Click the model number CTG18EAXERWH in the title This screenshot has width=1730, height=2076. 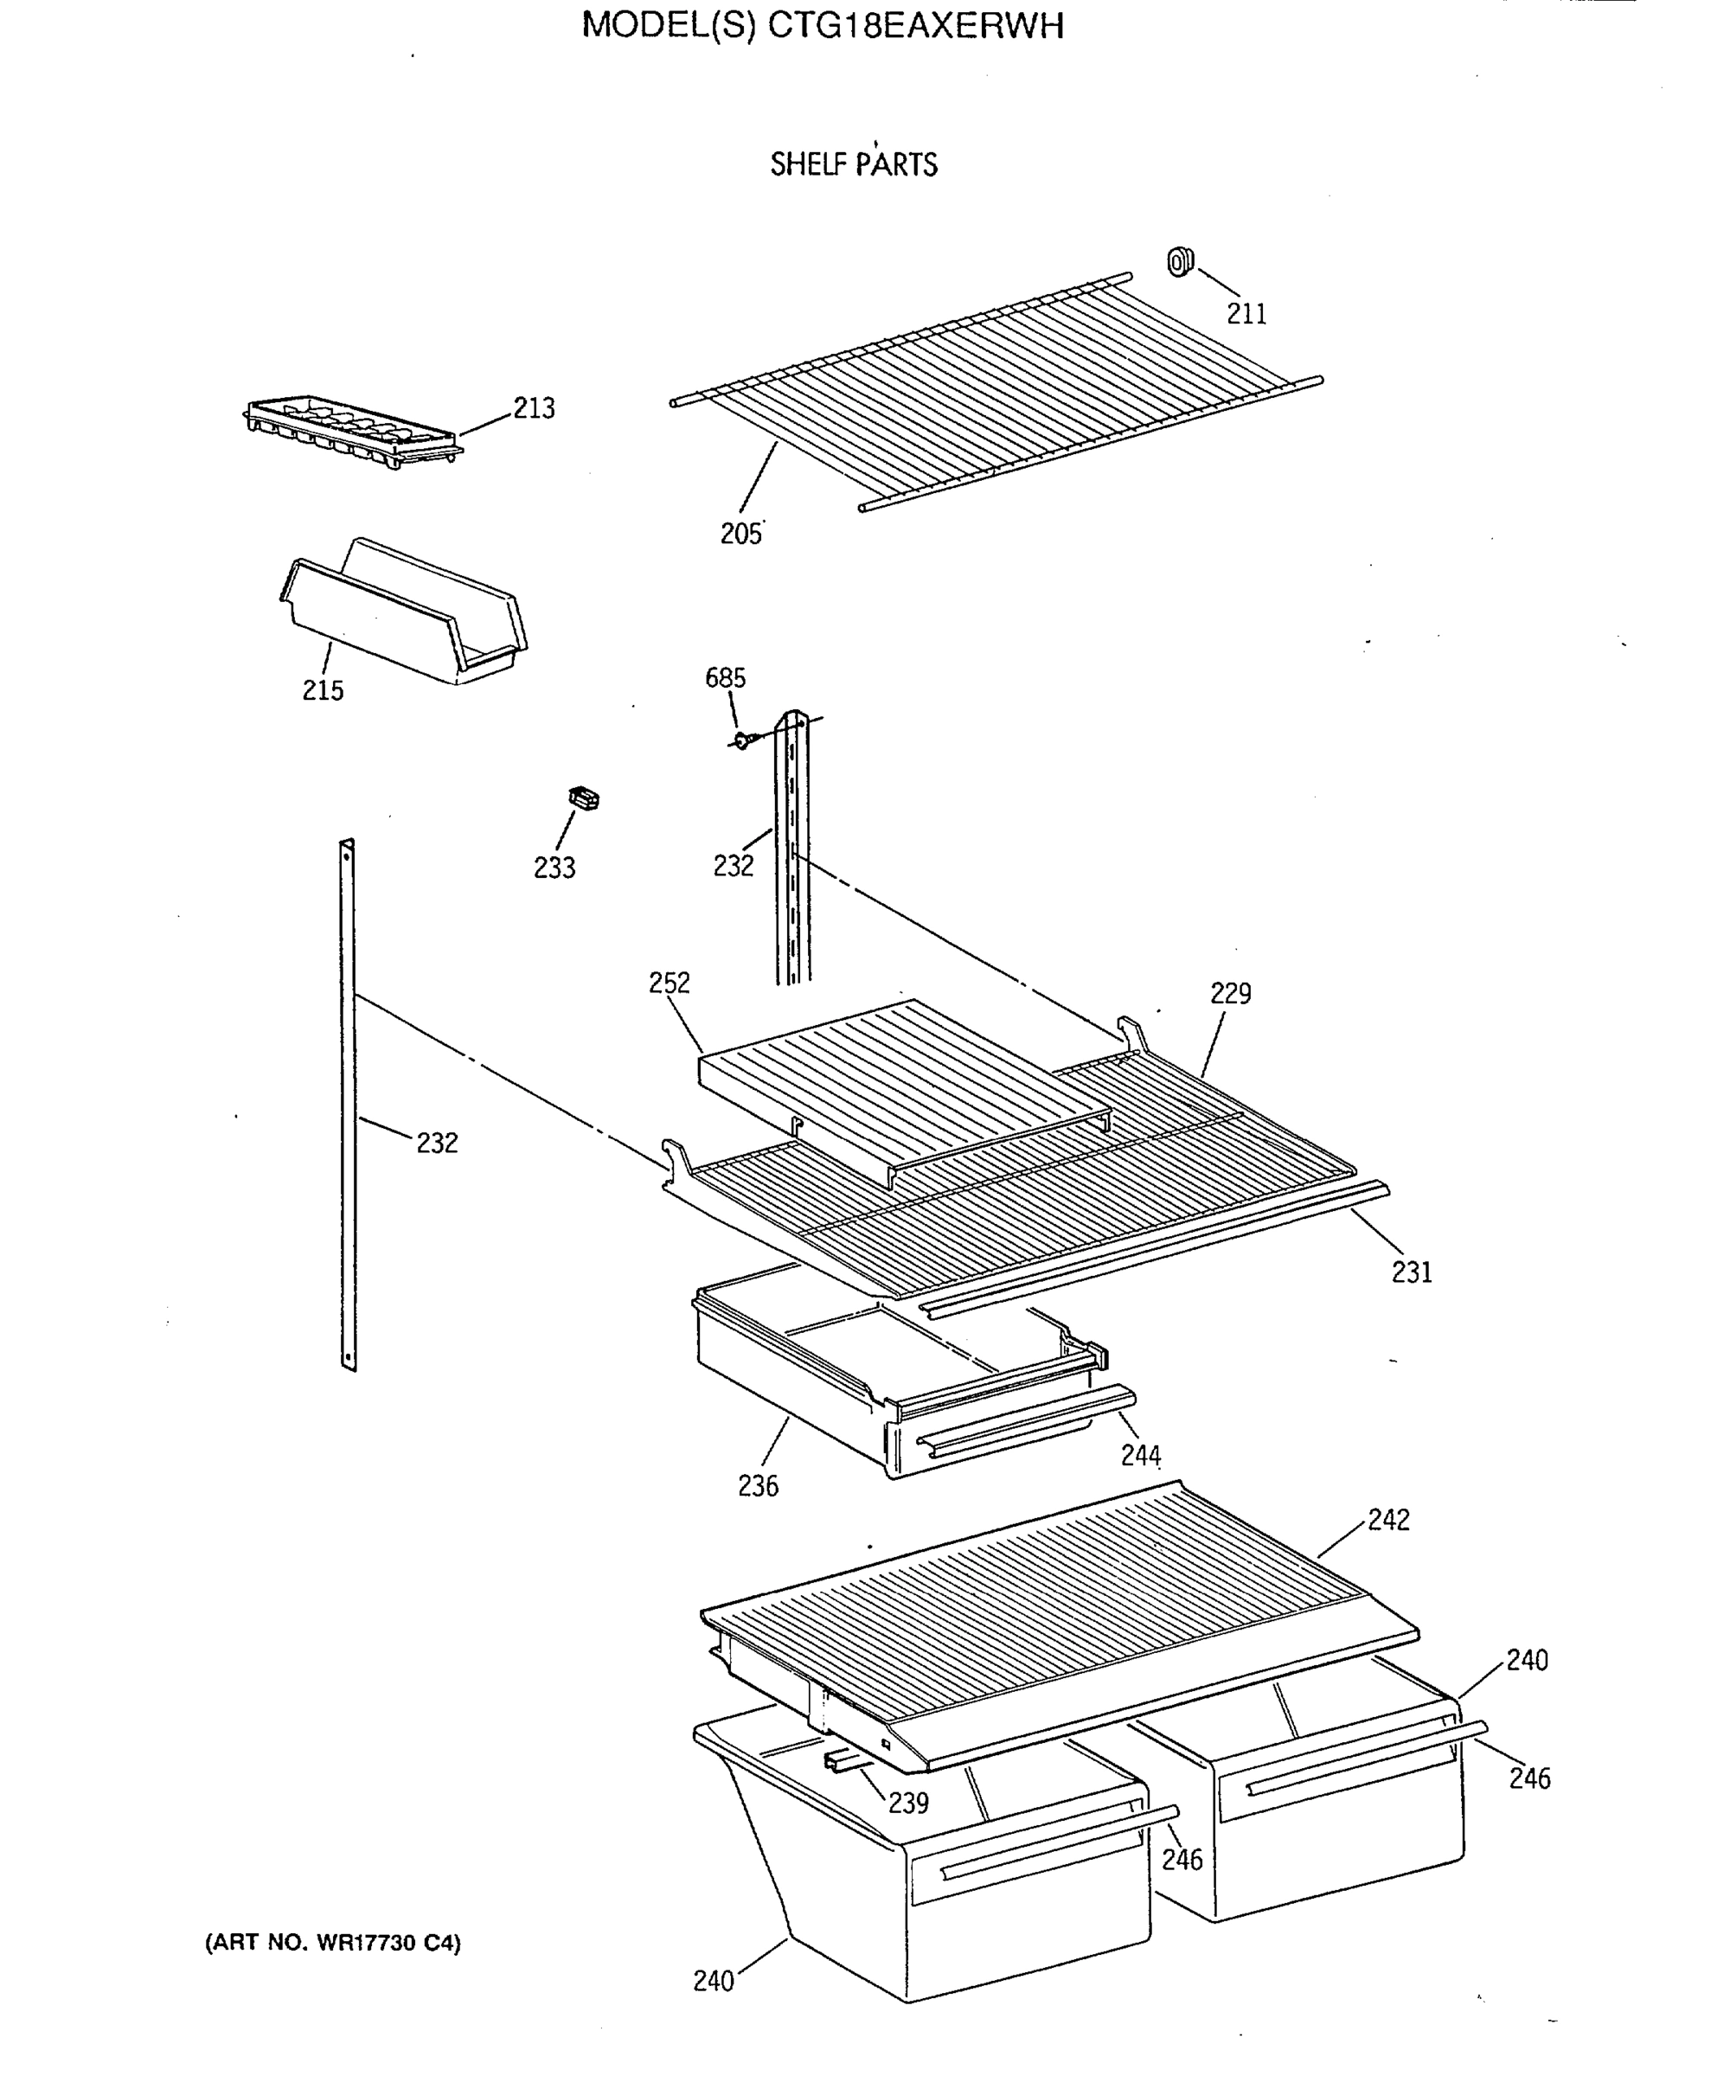pyautogui.click(x=915, y=26)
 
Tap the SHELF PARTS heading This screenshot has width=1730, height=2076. pyautogui.click(x=853, y=164)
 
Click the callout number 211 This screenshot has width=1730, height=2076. pyautogui.click(x=1246, y=313)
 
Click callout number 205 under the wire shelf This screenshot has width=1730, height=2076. pyautogui.click(x=740, y=534)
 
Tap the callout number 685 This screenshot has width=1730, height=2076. pyautogui.click(x=725, y=678)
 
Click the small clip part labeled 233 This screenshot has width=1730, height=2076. pyautogui.click(x=584, y=797)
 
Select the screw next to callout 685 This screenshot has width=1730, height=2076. pyautogui.click(x=746, y=739)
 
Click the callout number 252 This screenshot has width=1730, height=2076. pyautogui.click(x=670, y=983)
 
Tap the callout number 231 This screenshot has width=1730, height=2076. pyautogui.click(x=1411, y=1272)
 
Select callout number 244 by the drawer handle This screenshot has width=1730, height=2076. pyautogui.click(x=1140, y=1455)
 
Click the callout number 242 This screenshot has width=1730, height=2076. pyautogui.click(x=1388, y=1521)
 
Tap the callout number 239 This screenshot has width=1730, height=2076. pyautogui.click(x=907, y=1804)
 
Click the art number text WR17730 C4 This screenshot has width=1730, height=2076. pyautogui.click(x=388, y=1943)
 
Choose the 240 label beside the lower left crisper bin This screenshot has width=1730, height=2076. pyautogui.click(x=713, y=1981)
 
